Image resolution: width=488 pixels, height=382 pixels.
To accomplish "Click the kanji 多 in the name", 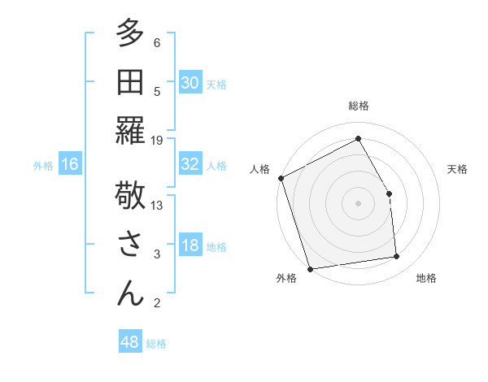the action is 131,36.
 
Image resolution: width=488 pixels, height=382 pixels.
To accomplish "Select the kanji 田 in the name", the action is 131,83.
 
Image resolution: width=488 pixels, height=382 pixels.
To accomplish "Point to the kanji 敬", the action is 131,197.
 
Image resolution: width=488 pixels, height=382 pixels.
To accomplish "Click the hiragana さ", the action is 131,245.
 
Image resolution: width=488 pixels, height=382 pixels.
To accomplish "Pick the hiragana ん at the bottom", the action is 131,292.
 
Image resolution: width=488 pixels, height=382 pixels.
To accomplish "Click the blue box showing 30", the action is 190,82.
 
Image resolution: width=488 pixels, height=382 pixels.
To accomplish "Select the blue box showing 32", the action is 190,164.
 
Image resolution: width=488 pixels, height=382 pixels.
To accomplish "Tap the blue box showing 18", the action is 190,246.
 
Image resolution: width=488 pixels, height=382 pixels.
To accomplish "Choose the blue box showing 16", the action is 70,164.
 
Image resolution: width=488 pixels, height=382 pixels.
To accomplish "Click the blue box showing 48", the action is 130,342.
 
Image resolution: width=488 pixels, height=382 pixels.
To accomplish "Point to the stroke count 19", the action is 157,140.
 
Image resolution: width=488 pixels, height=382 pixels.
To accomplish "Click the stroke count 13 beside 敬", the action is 157,205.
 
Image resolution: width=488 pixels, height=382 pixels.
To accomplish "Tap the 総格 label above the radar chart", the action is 358,106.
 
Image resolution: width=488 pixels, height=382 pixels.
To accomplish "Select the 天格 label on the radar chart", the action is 457,169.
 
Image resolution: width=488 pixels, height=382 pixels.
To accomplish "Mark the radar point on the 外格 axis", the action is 310,268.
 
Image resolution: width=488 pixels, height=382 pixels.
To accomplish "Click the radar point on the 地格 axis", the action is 397,257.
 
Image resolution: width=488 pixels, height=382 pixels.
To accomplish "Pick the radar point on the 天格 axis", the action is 389,193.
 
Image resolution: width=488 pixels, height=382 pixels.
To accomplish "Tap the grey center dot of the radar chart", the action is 358,202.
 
